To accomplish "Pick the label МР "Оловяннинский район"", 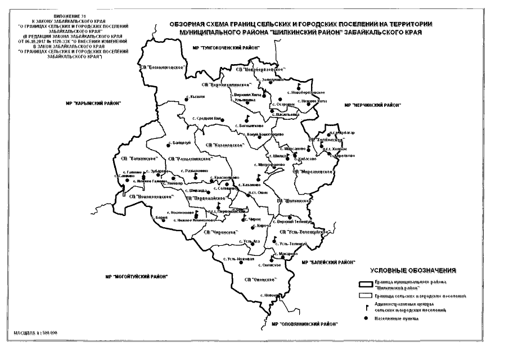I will coord(301,325).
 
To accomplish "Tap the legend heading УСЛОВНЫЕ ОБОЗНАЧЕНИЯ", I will coord(411,270).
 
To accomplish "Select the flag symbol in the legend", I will coord(366,307).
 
